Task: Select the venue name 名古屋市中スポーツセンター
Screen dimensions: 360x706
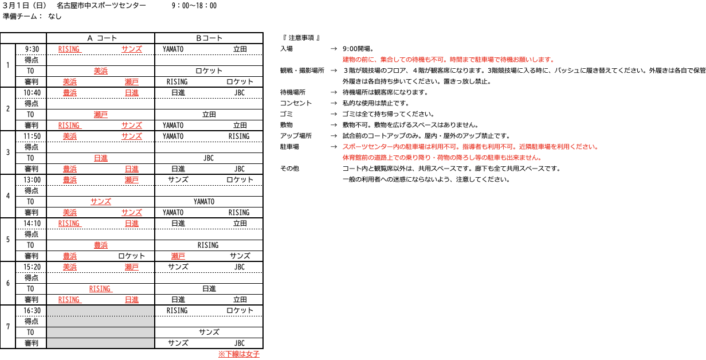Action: tap(101, 6)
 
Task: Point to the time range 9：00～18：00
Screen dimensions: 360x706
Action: tap(194, 6)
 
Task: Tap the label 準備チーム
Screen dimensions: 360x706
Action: tap(22, 16)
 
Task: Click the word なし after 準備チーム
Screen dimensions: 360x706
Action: tap(55, 16)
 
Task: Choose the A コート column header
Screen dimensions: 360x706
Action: tap(101, 38)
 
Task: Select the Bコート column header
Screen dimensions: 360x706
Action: tap(209, 38)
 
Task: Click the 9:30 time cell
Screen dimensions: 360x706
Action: tap(32, 49)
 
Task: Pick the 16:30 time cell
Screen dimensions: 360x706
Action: tap(32, 311)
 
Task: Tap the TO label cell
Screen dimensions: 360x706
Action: tap(32, 332)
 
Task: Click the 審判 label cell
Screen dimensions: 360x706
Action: tap(32, 343)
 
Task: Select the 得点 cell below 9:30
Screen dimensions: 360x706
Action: tap(32, 60)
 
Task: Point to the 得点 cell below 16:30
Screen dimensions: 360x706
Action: tap(32, 322)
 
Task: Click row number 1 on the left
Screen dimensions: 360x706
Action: tap(7, 65)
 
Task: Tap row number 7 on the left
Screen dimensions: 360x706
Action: tap(7, 327)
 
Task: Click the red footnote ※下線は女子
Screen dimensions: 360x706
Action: tap(238, 354)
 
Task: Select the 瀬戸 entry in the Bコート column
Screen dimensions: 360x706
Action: tap(178, 256)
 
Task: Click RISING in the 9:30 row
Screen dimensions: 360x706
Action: tap(69, 49)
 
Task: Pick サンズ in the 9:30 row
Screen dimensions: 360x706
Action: tap(132, 49)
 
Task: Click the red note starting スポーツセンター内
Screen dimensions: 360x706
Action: tap(470, 147)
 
